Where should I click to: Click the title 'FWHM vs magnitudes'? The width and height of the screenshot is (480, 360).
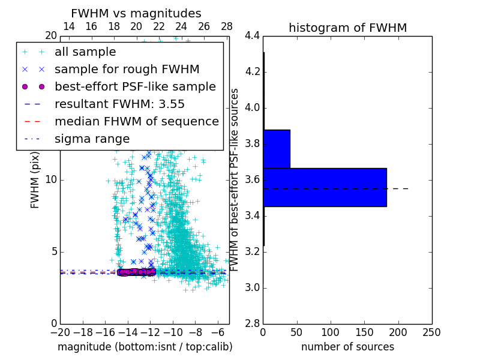tap(136, 13)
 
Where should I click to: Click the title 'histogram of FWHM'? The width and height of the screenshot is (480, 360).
tap(347, 28)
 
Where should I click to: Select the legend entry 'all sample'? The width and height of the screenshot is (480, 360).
tap(85, 52)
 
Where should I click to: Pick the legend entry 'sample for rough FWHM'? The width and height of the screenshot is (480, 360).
tap(127, 69)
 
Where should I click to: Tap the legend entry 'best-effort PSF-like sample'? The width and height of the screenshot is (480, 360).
tap(135, 86)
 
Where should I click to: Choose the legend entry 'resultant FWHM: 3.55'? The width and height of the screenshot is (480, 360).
tap(119, 104)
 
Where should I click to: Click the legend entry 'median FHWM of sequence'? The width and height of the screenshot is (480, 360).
tap(136, 121)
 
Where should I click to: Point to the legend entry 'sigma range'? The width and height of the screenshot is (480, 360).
tap(92, 139)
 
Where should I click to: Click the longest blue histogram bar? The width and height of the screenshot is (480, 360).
tap(325, 187)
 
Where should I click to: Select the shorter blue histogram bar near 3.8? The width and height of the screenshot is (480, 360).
tap(277, 149)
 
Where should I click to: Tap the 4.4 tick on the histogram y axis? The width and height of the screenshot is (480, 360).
tap(252, 37)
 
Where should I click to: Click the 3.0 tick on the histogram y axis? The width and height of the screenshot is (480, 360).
tap(252, 288)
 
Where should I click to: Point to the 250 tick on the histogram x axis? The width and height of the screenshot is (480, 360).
tap(431, 332)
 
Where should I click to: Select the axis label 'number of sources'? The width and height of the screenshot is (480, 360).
tap(347, 347)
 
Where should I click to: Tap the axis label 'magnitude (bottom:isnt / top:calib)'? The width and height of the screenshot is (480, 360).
tap(145, 347)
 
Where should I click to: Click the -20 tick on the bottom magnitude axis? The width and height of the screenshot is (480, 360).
tap(60, 332)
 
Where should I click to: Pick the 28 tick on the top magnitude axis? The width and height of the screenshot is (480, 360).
tap(227, 26)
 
